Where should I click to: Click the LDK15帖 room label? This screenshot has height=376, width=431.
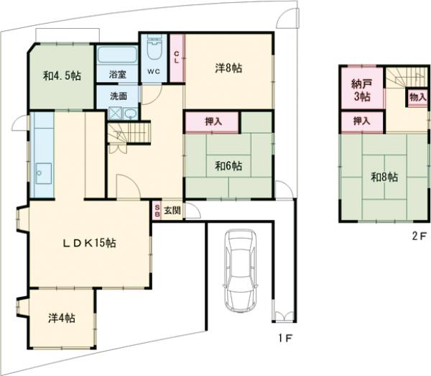pyautogui.click(x=89, y=243)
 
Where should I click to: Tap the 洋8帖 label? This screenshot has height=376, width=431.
pyautogui.click(x=228, y=68)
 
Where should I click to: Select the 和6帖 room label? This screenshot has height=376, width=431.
pyautogui.click(x=228, y=166)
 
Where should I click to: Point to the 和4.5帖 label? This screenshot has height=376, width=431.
pyautogui.click(x=62, y=75)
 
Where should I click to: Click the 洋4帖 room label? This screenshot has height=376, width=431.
pyautogui.click(x=62, y=318)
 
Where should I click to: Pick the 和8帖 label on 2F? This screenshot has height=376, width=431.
pyautogui.click(x=384, y=177)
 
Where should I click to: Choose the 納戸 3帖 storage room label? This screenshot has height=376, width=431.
pyautogui.click(x=362, y=90)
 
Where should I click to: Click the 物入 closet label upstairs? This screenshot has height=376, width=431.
pyautogui.click(x=418, y=97)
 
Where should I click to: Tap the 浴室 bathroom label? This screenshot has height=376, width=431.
pyautogui.click(x=118, y=74)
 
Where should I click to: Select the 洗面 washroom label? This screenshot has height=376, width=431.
pyautogui.click(x=119, y=96)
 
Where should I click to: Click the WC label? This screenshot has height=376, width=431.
pyautogui.click(x=154, y=71)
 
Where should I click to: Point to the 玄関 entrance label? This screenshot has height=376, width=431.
pyautogui.click(x=172, y=211)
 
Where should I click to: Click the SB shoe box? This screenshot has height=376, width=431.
pyautogui.click(x=157, y=211)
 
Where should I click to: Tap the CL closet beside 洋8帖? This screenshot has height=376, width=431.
pyautogui.click(x=177, y=58)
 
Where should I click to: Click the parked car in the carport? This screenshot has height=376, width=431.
pyautogui.click(x=241, y=270)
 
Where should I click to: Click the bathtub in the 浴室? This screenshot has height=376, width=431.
pyautogui.click(x=117, y=55)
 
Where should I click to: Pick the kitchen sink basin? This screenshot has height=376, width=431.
pyautogui.click(x=43, y=174)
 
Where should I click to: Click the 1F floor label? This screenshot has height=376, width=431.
pyautogui.click(x=285, y=338)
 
